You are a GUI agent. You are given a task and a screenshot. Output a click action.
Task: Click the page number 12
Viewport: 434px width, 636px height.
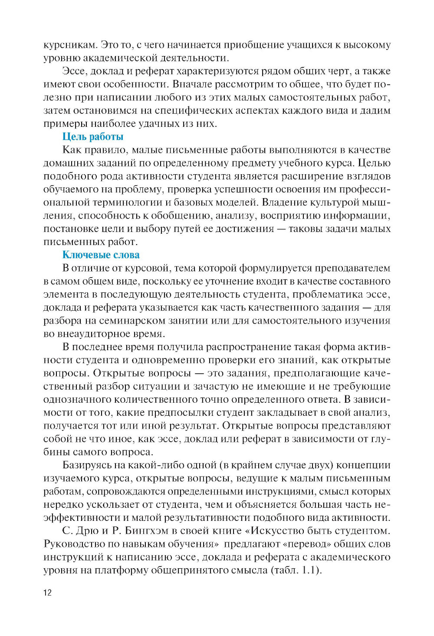pos(48,593)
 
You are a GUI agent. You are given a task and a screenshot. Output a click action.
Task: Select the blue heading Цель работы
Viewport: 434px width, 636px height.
pos(93,137)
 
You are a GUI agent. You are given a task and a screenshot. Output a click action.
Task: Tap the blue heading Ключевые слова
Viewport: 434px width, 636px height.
pos(101,255)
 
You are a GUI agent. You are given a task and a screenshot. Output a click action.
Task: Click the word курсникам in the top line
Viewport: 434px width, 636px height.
pos(70,45)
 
